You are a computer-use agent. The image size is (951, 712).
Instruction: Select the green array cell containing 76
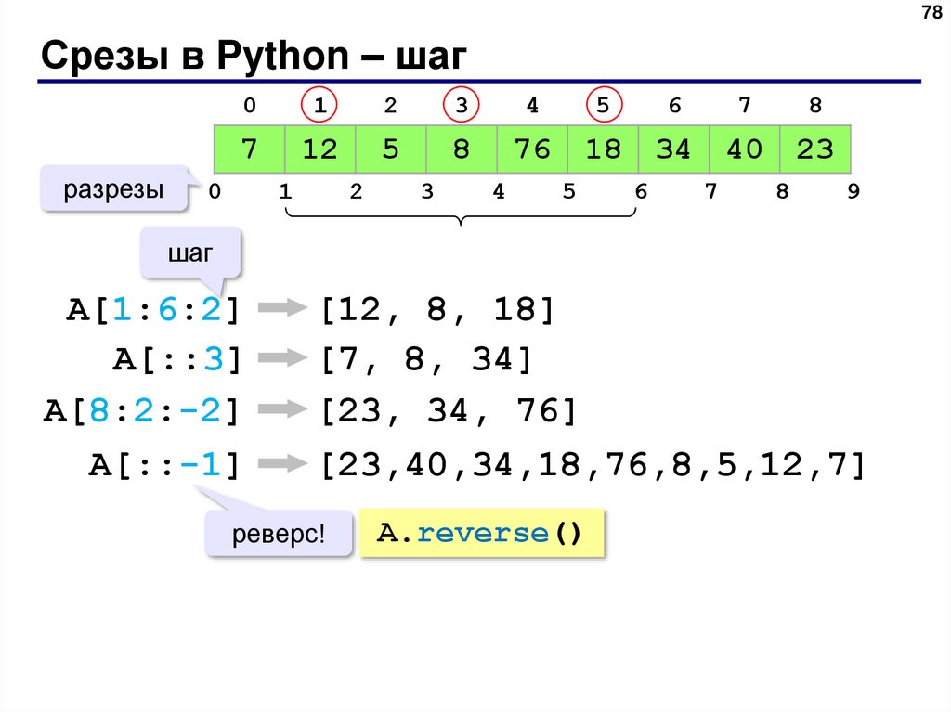point(532,149)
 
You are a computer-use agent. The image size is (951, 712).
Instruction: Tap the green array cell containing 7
point(249,149)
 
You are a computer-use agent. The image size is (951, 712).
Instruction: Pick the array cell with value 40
point(744,149)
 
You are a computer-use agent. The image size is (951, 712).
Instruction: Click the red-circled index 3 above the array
point(462,106)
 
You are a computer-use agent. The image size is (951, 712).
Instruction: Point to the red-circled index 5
point(604,106)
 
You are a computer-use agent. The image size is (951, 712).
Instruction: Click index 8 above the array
point(815,106)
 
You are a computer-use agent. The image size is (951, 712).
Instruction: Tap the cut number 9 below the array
point(853,192)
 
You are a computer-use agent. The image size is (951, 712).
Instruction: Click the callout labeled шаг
point(189,254)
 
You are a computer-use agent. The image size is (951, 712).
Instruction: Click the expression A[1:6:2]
point(153,310)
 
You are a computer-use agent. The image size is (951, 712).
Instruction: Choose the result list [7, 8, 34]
point(427,359)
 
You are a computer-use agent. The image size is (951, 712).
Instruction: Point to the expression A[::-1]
point(165,463)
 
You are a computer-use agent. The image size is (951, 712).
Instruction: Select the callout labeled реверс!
point(279,536)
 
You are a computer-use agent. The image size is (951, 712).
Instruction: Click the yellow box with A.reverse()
point(481,533)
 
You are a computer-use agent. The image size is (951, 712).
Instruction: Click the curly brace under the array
point(462,215)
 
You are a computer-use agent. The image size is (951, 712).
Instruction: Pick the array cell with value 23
point(815,149)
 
